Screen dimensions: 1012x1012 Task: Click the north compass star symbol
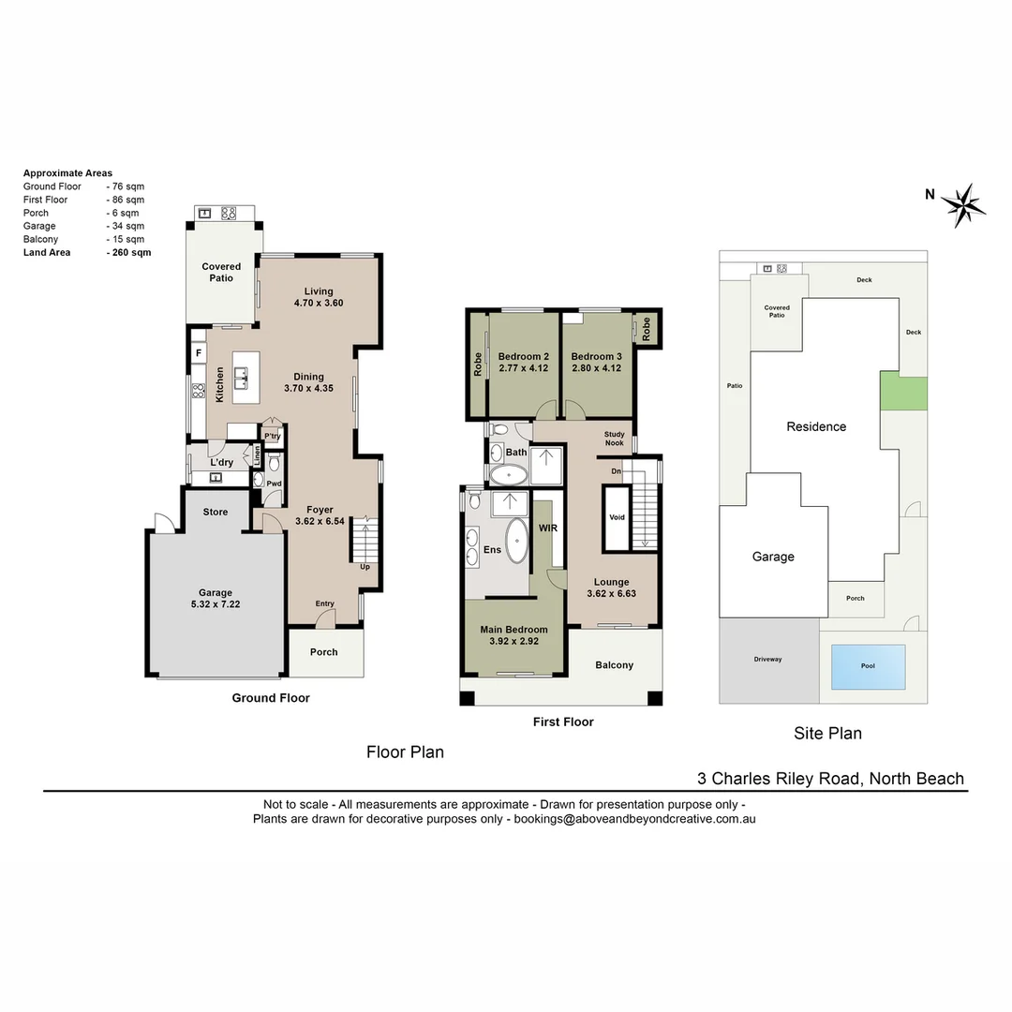[x=962, y=204]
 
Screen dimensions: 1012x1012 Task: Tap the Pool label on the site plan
[x=868, y=666]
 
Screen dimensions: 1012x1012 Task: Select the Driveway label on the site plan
[x=767, y=659]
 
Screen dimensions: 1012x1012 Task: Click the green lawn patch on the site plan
[x=903, y=390]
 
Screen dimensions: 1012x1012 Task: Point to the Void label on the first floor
[x=617, y=517]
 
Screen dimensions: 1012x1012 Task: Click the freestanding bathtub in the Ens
[x=516, y=539]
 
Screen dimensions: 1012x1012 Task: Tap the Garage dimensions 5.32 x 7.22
[x=215, y=605]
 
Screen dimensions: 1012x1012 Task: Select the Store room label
[x=216, y=513]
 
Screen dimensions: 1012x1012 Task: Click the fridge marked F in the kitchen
[x=199, y=352]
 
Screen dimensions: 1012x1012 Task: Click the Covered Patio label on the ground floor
[x=221, y=272]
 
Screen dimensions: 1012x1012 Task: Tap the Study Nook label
[x=614, y=439]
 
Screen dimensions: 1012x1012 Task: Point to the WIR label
[x=548, y=528]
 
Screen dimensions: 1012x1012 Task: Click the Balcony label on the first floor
[x=615, y=665]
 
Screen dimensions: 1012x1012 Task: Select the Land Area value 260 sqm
[x=129, y=252]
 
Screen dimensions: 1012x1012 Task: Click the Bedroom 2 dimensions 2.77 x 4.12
[x=523, y=368]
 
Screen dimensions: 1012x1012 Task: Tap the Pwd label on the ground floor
[x=274, y=484]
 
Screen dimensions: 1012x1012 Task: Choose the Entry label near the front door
[x=324, y=603]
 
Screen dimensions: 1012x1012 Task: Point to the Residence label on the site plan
[x=816, y=426]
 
